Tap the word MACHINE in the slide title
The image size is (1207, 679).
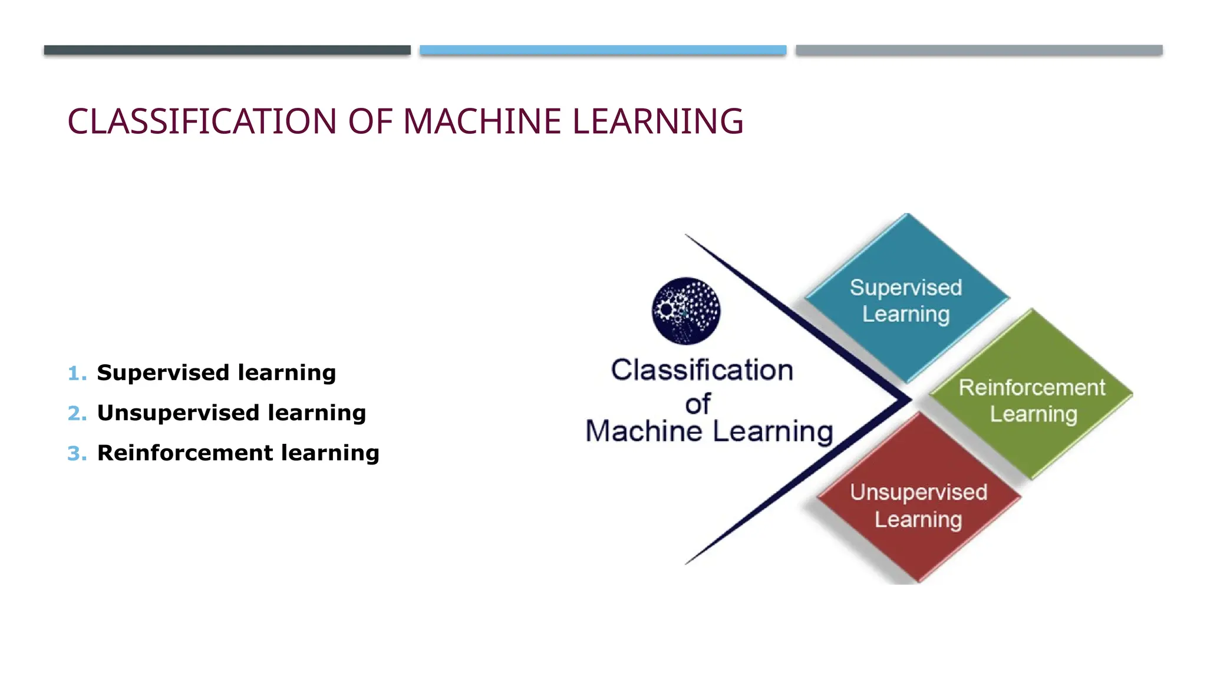tap(482, 121)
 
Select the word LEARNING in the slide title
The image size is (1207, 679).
tap(658, 121)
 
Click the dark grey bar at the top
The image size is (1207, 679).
tap(227, 50)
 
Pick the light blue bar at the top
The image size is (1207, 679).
tap(603, 50)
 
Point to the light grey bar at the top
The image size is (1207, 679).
tap(979, 50)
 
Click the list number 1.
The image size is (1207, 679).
tap(76, 373)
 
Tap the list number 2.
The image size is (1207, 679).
tap(77, 413)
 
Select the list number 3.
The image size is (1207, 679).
tap(77, 453)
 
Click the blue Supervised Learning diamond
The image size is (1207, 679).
tap(906, 298)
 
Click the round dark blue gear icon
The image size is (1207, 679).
tap(685, 311)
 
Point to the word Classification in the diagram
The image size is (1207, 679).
tap(702, 370)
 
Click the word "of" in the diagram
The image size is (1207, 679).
tap(698, 404)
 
